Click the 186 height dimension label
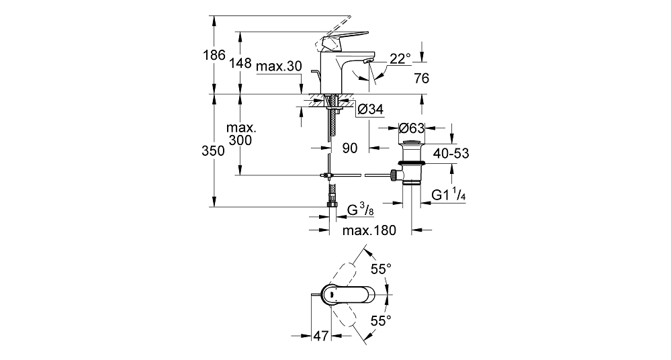214,55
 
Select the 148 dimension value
240,63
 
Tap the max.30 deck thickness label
279,66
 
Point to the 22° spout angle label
400,58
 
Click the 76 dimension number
422,79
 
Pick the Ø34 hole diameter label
369,109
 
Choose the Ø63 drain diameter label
411,128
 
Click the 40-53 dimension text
451,153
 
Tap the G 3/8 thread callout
360,210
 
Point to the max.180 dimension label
369,230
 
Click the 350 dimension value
213,150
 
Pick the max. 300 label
240,134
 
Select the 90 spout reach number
350,148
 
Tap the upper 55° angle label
381,269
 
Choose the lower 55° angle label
381,320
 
